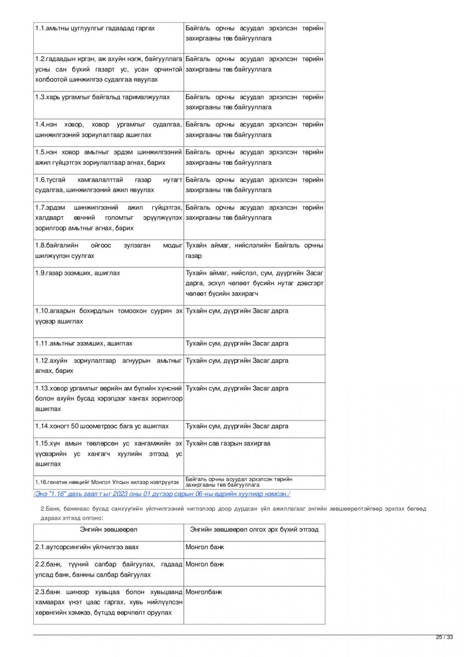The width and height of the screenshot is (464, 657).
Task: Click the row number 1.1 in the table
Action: coord(39,28)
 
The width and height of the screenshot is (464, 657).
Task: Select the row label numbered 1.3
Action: coord(39,97)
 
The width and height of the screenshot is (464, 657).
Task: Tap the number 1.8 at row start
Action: coord(39,245)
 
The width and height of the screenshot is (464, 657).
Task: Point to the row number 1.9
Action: coord(39,273)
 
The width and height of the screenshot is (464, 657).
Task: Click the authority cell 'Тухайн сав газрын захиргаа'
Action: coord(228,443)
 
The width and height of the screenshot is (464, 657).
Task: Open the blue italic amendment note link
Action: coord(161,494)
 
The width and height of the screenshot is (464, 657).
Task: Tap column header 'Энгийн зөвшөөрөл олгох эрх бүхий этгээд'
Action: coord(254,529)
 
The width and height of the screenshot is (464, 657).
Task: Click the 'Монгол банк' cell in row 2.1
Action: coord(205,547)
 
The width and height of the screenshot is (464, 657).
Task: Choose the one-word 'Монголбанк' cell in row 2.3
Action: coord(204,592)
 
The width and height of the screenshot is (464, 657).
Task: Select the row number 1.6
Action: coord(39,180)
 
